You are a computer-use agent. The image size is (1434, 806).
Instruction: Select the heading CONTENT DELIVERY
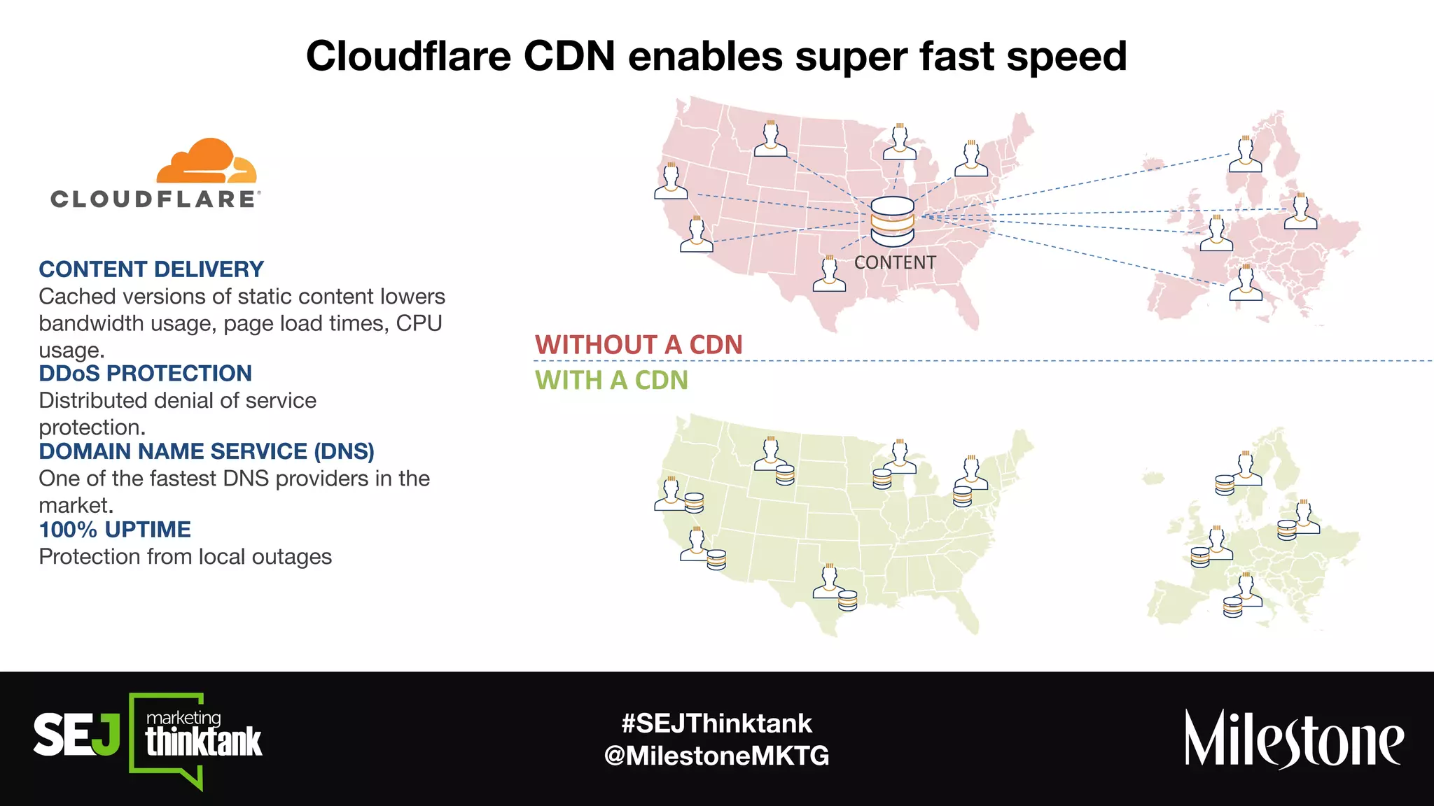tap(151, 269)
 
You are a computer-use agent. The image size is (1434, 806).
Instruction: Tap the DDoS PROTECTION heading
tap(145, 374)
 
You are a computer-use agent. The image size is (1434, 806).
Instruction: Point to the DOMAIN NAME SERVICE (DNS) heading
tap(207, 451)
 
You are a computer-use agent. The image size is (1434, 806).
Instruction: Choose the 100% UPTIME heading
tap(115, 530)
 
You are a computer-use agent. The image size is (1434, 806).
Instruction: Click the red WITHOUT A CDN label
tap(638, 345)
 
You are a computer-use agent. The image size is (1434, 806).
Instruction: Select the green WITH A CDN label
tap(611, 381)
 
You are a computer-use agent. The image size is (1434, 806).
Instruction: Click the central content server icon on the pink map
tap(892, 221)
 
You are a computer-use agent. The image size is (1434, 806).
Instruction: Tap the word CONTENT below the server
tap(895, 263)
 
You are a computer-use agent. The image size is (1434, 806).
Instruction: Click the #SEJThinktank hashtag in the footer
tap(716, 723)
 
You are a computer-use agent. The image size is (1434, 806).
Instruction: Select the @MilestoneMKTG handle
tap(716, 756)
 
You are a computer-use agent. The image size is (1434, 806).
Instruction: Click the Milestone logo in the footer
tap(1293, 740)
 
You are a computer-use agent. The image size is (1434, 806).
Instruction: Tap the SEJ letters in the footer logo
tap(76, 735)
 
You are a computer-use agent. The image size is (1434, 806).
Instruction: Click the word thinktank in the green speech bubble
tap(204, 742)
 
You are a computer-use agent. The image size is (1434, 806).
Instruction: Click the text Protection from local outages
tap(186, 557)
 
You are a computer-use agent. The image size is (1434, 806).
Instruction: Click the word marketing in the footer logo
tap(183, 718)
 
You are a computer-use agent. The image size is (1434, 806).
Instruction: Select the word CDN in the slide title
tap(569, 56)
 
